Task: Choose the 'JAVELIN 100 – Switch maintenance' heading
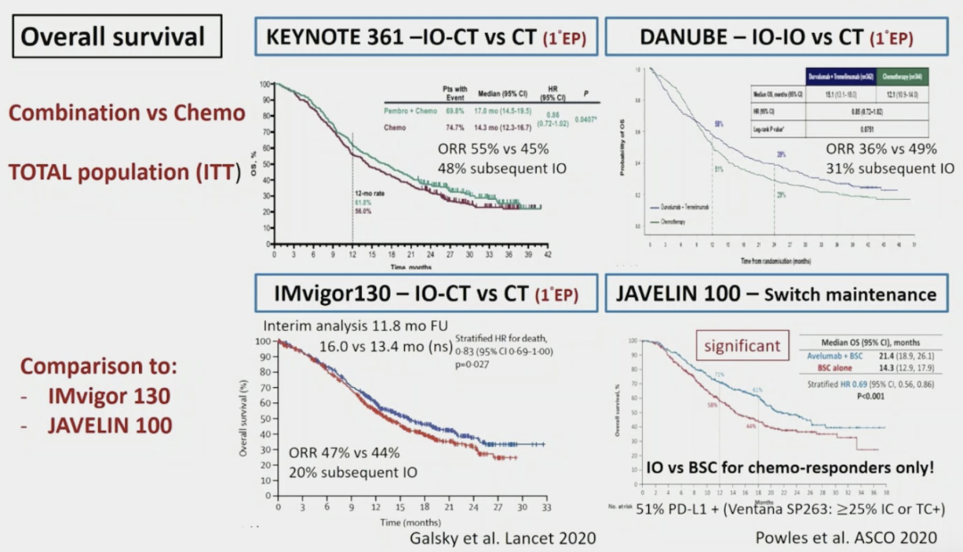point(771,293)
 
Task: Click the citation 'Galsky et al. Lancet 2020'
point(503,537)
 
